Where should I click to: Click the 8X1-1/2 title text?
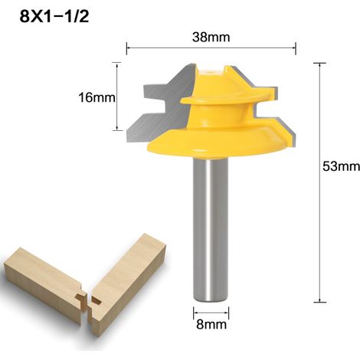[x=54, y=17]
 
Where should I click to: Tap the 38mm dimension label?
[x=211, y=37]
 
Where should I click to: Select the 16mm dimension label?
[x=97, y=97]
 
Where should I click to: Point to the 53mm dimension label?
[x=341, y=166]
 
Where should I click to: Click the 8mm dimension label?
[x=211, y=325]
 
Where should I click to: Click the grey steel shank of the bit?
[x=211, y=230]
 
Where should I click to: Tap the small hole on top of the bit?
[x=211, y=72]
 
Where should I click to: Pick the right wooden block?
[x=128, y=283]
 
